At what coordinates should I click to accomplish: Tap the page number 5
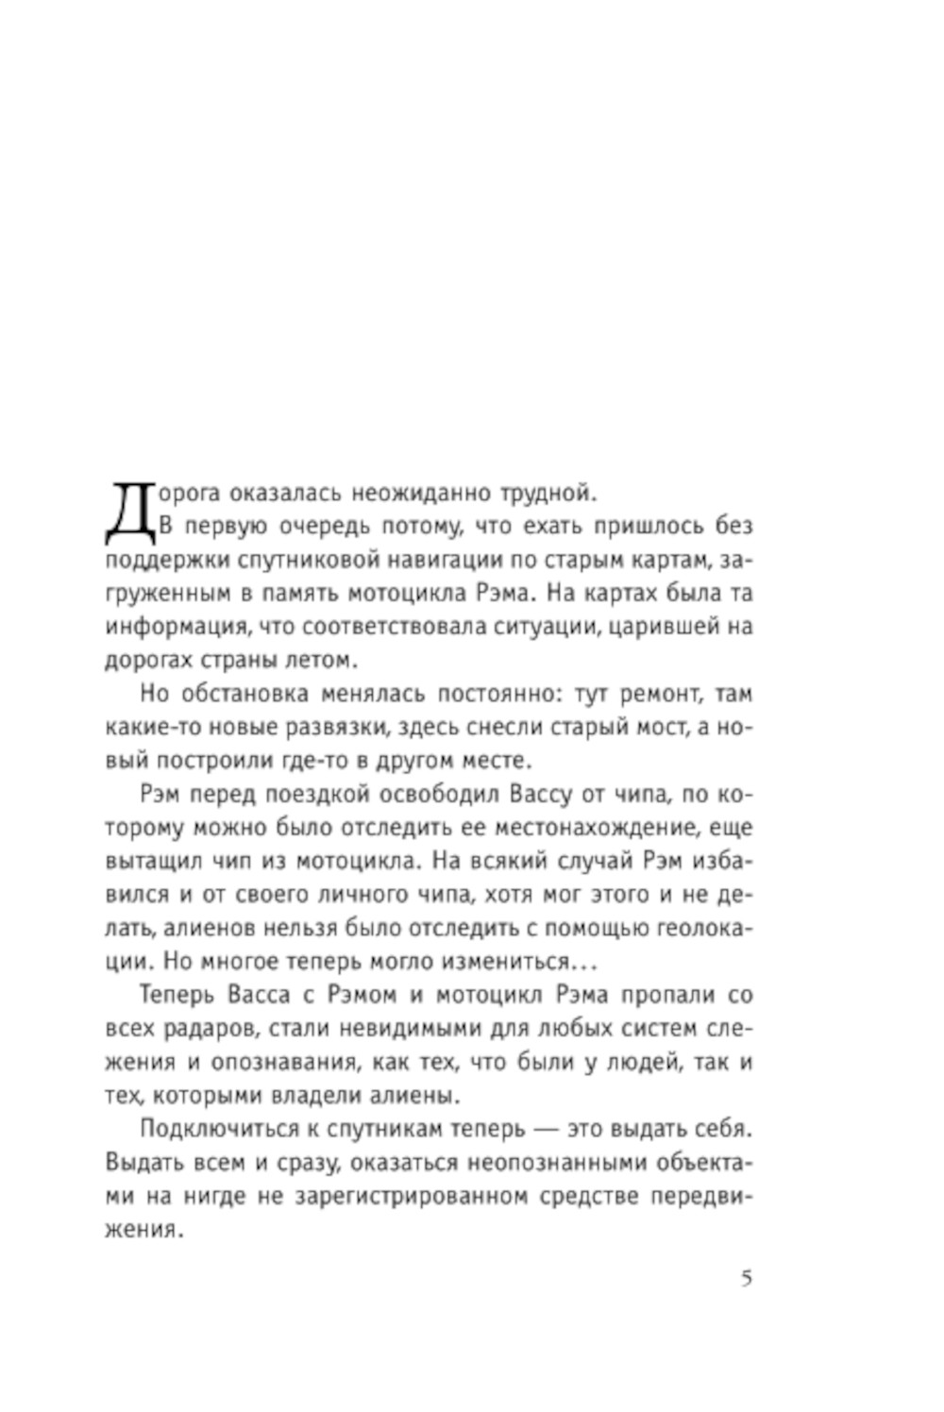click(747, 1280)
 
